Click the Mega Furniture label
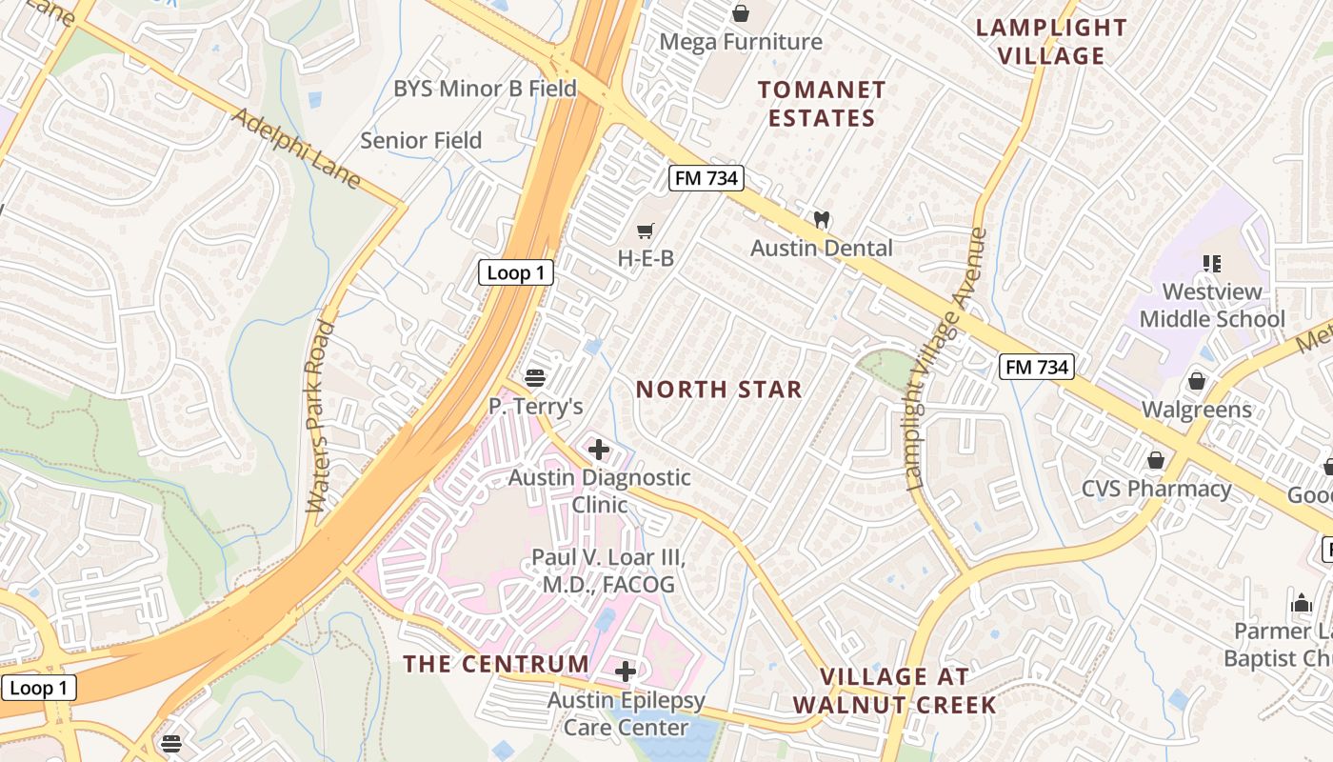(740, 42)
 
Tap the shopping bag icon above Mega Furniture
(740, 13)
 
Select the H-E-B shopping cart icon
(646, 230)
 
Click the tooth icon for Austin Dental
(821, 219)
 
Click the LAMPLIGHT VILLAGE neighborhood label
(1051, 41)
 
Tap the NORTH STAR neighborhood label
(719, 389)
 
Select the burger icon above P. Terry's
(534, 378)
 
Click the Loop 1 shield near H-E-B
(515, 273)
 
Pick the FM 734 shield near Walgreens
(1036, 367)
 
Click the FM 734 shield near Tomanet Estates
(705, 178)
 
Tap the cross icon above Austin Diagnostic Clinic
(599, 449)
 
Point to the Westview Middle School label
(1212, 305)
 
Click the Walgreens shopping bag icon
(1197, 382)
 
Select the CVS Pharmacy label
(1156, 489)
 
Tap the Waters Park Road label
(321, 417)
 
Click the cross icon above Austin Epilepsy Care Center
(625, 672)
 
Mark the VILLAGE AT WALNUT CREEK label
(894, 691)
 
